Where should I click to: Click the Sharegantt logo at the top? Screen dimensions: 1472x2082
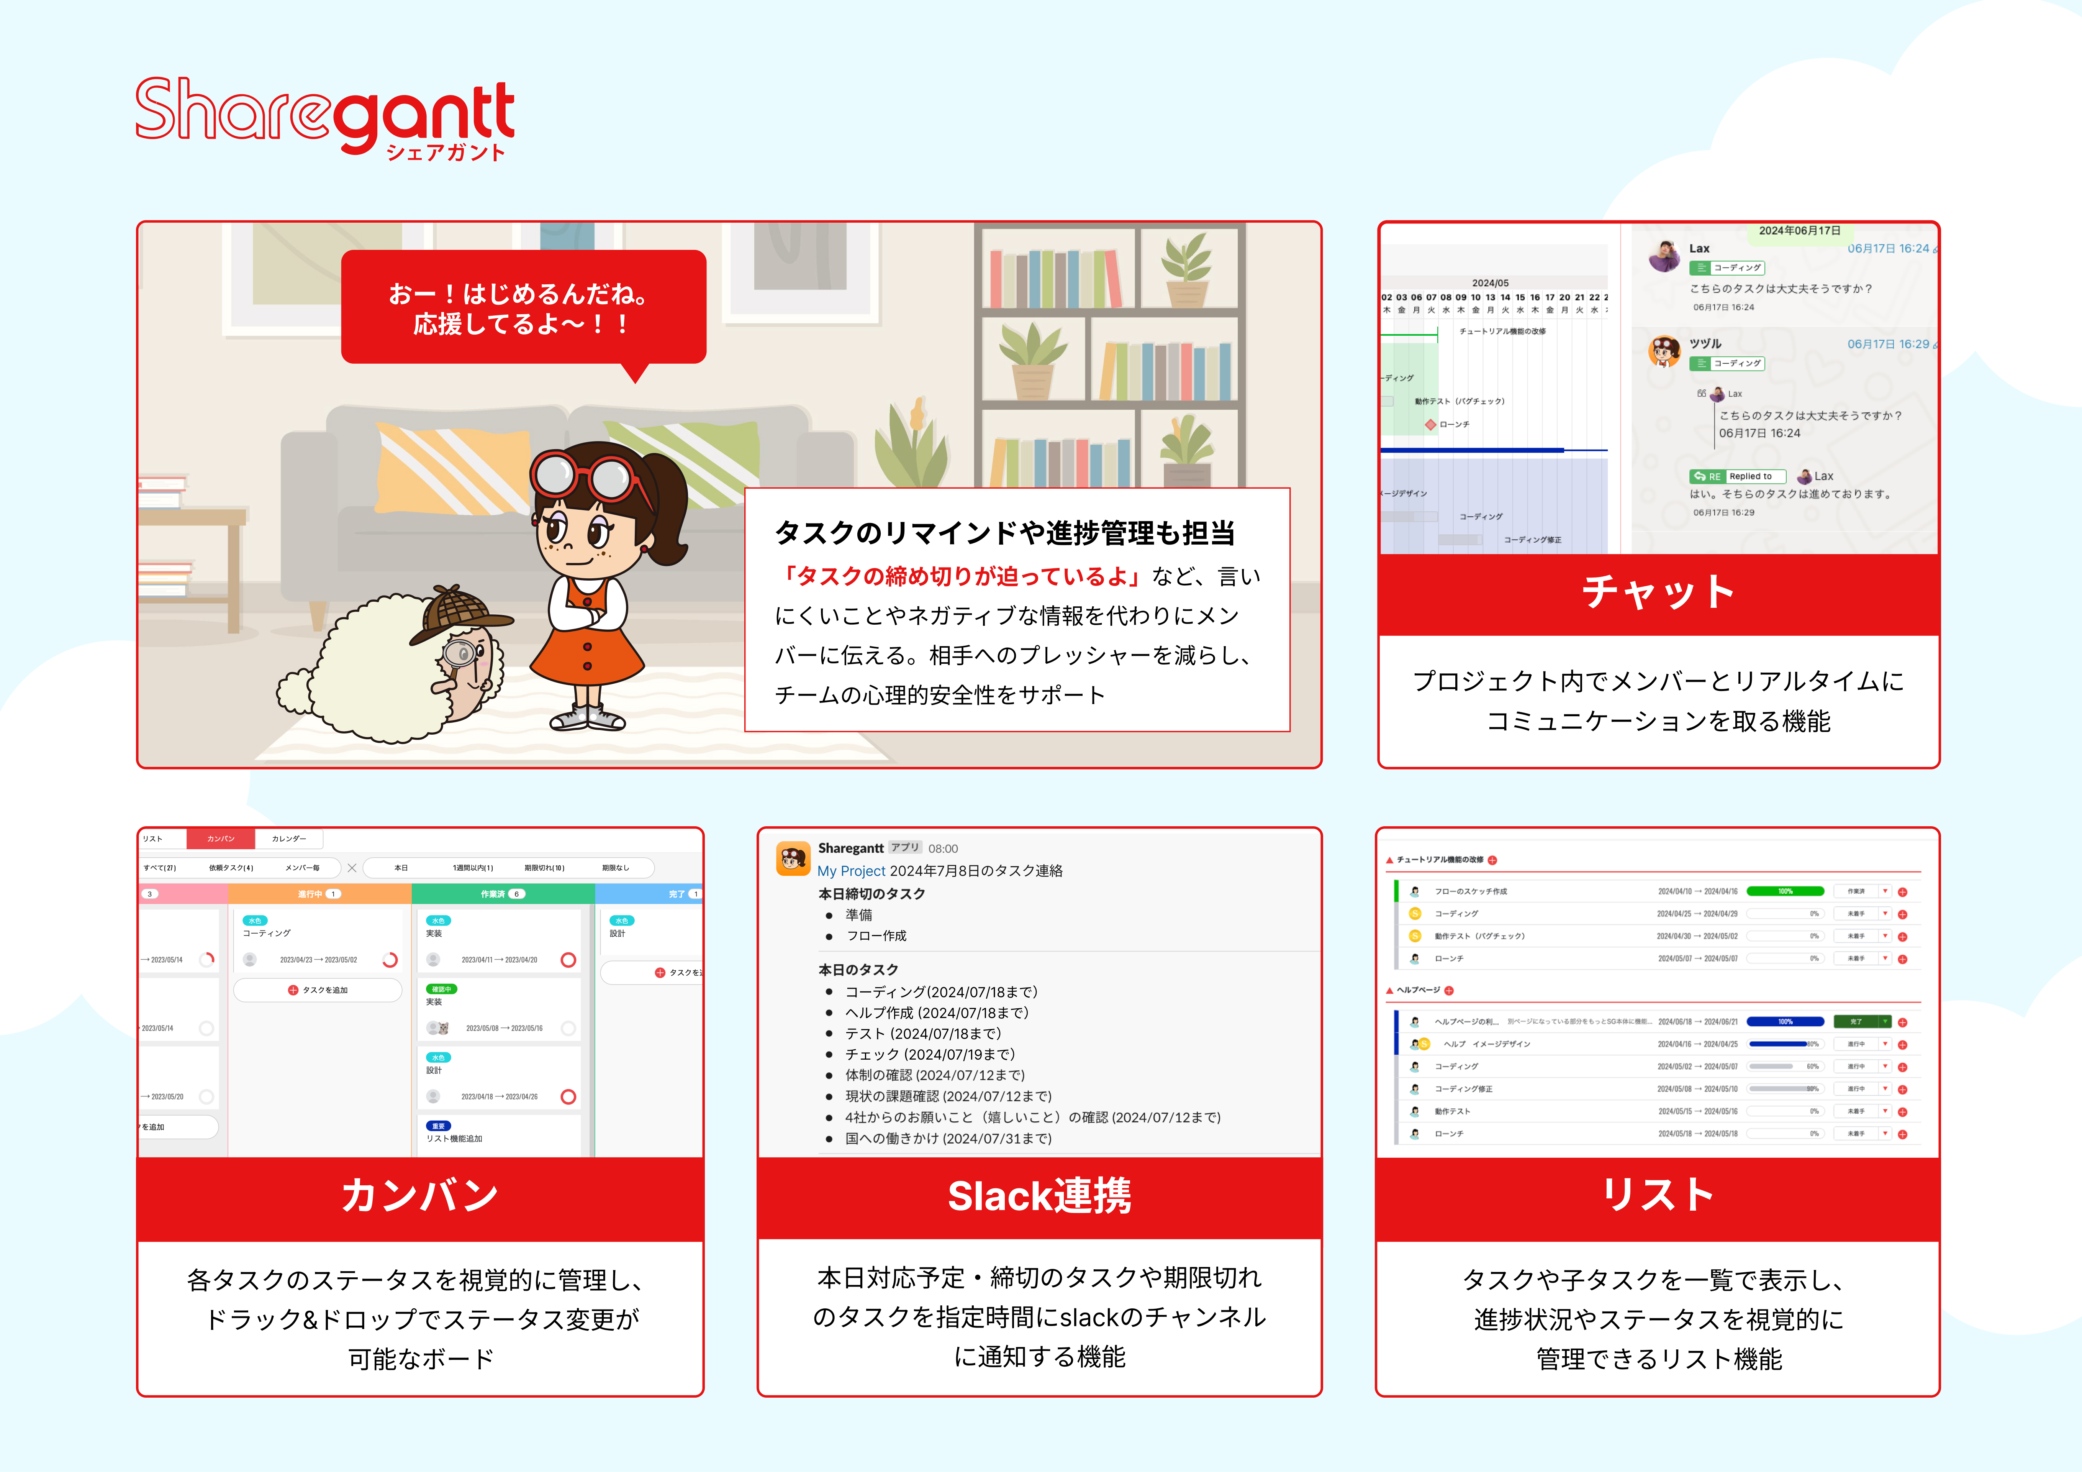(x=324, y=118)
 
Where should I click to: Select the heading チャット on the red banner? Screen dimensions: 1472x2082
(x=1658, y=592)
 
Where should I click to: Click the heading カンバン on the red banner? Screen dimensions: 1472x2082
(x=420, y=1195)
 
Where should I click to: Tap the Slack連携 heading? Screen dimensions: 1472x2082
(x=1039, y=1195)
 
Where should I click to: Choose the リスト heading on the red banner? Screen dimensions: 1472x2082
(x=1658, y=1195)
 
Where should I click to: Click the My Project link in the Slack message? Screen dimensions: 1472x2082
(x=850, y=871)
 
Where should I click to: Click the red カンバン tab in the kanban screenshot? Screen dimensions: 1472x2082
(x=220, y=839)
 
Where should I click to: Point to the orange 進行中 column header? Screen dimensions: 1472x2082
(x=319, y=894)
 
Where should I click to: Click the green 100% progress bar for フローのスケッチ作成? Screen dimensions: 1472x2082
(x=1785, y=891)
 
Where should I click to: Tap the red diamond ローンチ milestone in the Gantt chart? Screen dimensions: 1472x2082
(x=1430, y=425)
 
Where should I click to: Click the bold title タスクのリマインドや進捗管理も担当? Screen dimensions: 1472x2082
(x=1005, y=533)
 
